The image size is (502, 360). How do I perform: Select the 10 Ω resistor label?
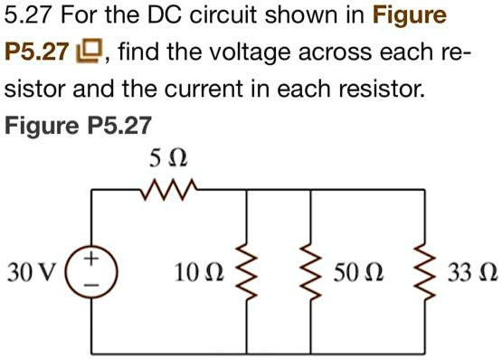[200, 271]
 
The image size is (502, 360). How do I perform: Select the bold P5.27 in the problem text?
[36, 52]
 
